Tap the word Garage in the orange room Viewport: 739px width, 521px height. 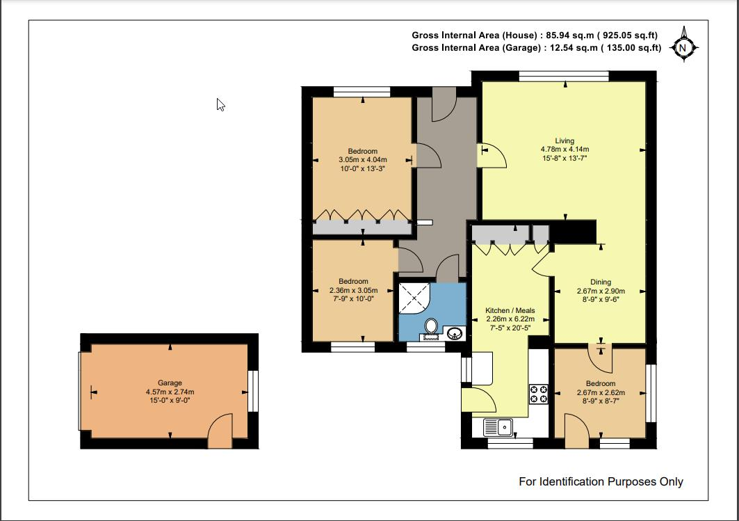point(170,383)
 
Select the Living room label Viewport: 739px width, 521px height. point(565,141)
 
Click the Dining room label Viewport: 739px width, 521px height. point(601,282)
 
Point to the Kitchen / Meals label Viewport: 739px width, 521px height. point(510,310)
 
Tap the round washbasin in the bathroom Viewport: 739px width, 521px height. point(455,333)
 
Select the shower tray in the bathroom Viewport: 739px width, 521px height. point(414,298)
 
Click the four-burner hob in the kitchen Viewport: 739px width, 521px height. point(538,394)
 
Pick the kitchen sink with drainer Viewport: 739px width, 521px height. point(498,428)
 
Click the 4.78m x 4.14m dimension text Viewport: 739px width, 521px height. point(565,150)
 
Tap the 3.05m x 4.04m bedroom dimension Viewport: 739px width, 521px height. point(362,160)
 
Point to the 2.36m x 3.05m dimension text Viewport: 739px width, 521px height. point(353,290)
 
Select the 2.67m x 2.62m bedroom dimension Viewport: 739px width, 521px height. point(601,392)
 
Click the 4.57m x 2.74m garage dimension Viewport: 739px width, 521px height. point(170,392)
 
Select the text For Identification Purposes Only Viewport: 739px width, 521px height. point(601,481)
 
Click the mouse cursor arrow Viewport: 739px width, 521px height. point(220,104)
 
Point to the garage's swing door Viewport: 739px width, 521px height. point(220,430)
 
